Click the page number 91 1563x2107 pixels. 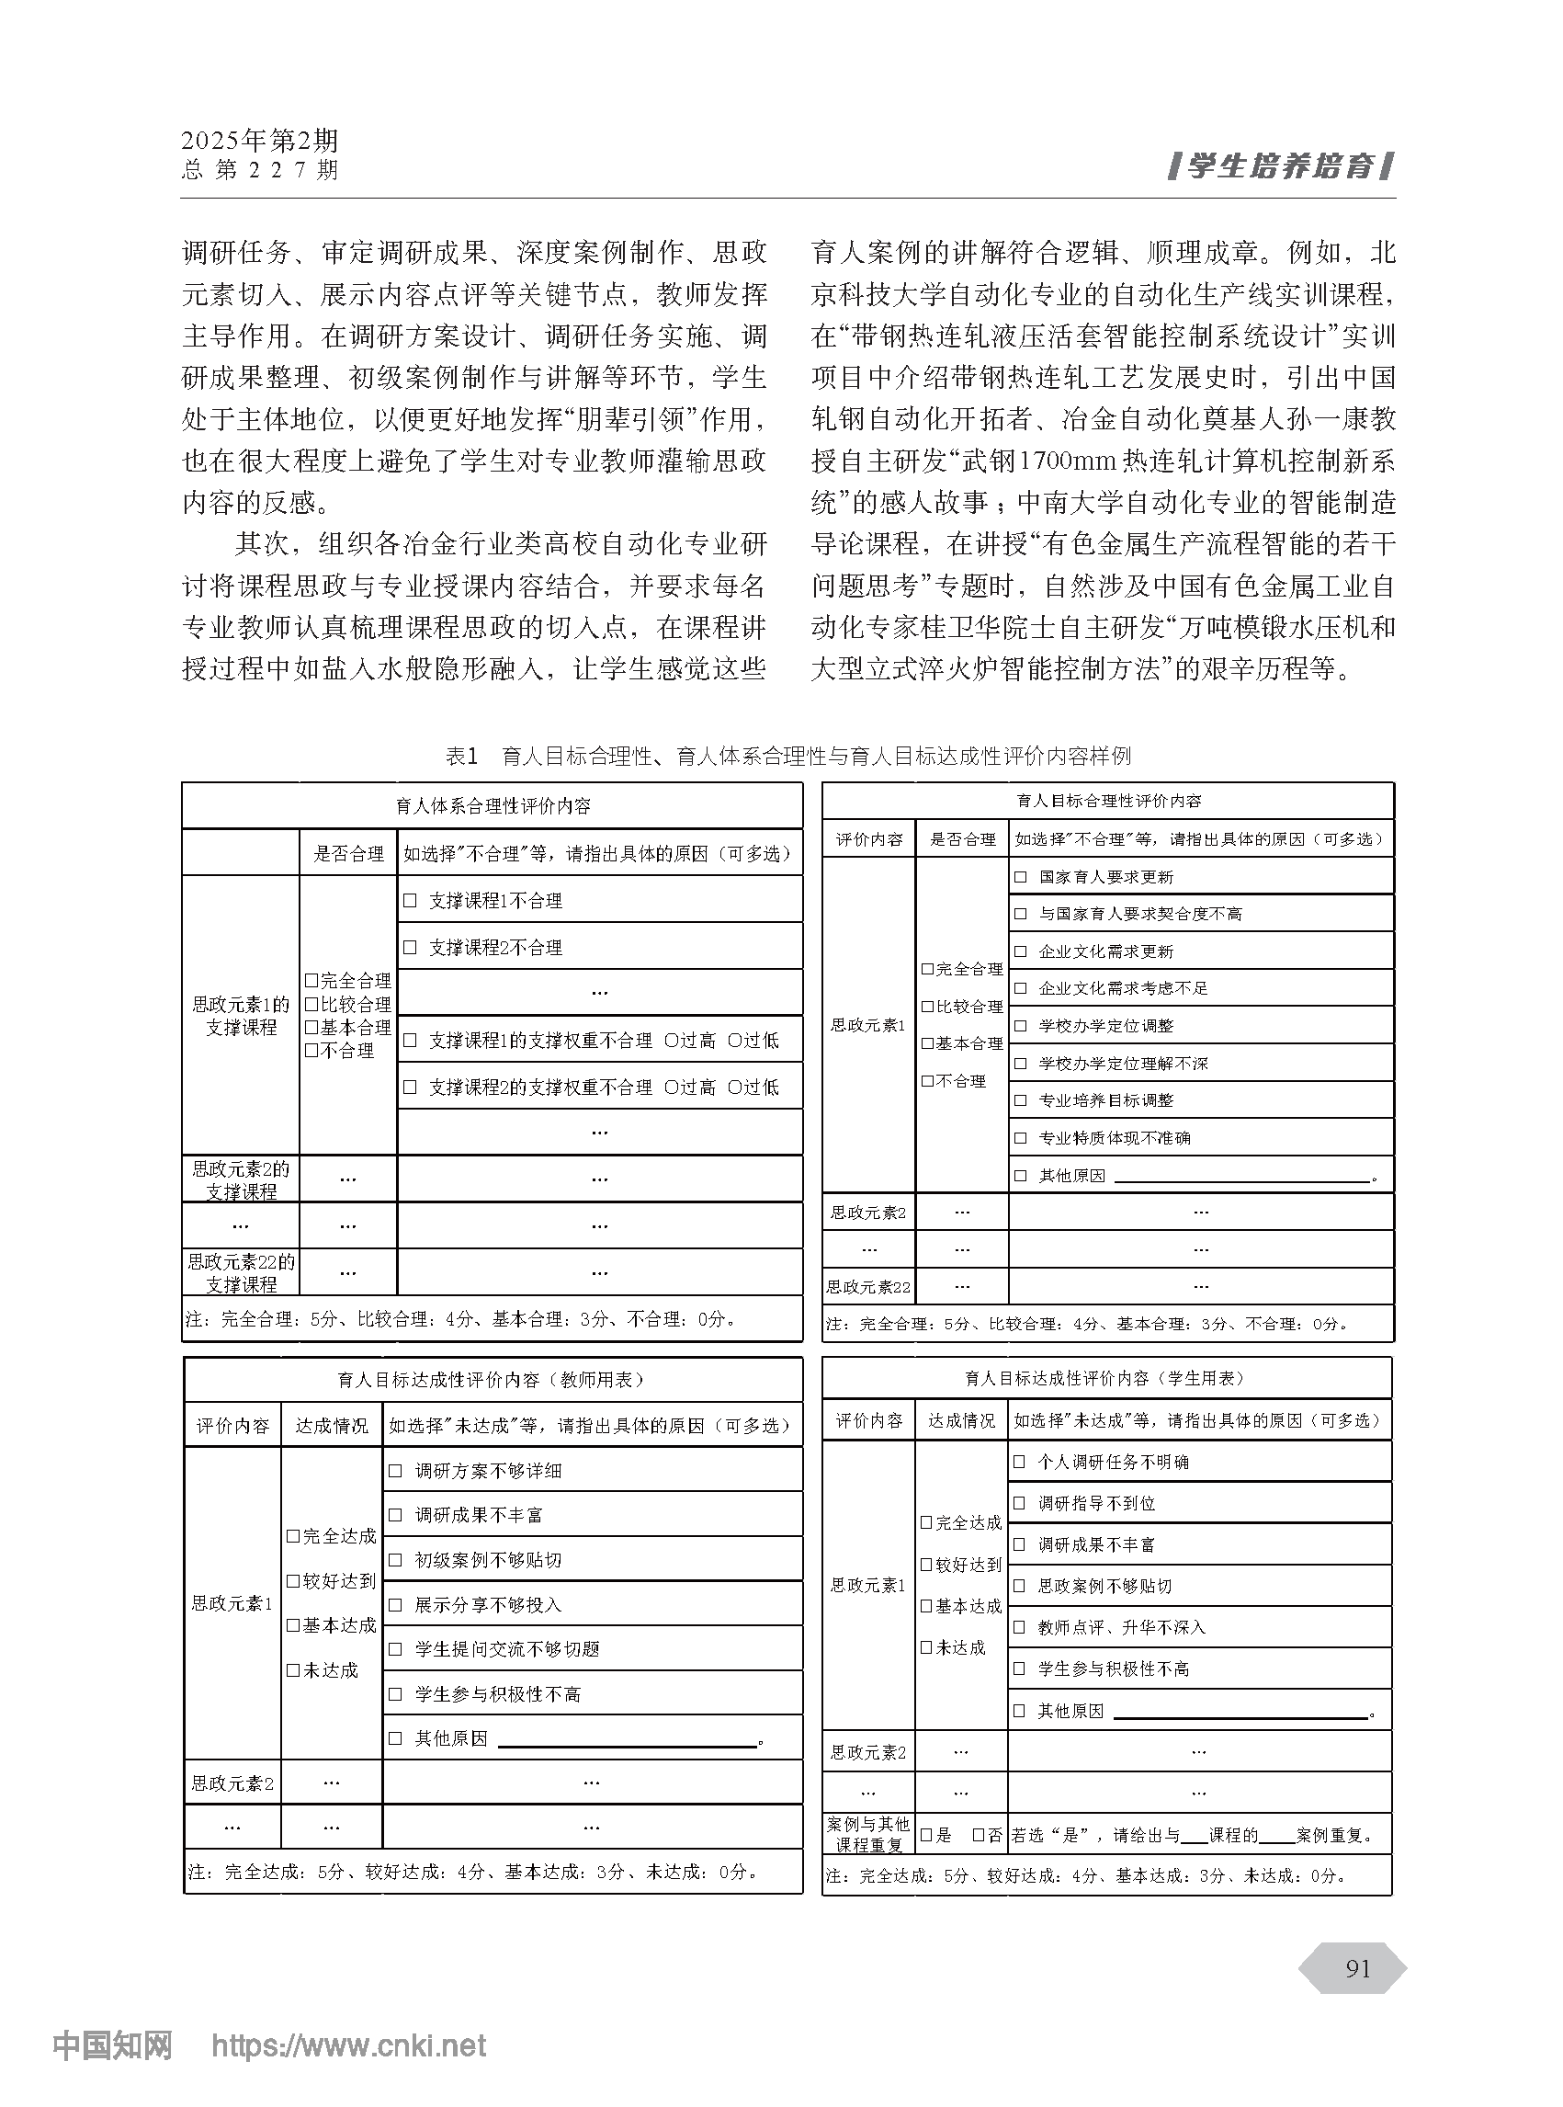(x=1358, y=1968)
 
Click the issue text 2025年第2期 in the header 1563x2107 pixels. (x=259, y=141)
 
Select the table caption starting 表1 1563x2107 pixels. (x=788, y=756)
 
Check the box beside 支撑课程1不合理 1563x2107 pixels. (x=410, y=900)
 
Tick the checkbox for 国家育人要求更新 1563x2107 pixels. (x=1020, y=876)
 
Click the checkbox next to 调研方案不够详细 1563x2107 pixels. (x=395, y=1470)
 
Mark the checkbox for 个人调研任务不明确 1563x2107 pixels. (x=1019, y=1462)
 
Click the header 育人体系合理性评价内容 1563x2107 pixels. (x=493, y=805)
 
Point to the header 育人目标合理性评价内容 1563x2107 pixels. (x=1108, y=801)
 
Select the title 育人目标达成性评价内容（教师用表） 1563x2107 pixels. (x=493, y=1379)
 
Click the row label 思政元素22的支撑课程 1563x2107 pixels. (x=242, y=1272)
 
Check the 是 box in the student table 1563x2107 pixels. (x=927, y=1834)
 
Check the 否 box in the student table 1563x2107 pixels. (x=980, y=1834)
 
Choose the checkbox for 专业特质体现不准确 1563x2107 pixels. (x=1020, y=1138)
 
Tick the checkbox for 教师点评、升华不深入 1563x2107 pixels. (x=1019, y=1627)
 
